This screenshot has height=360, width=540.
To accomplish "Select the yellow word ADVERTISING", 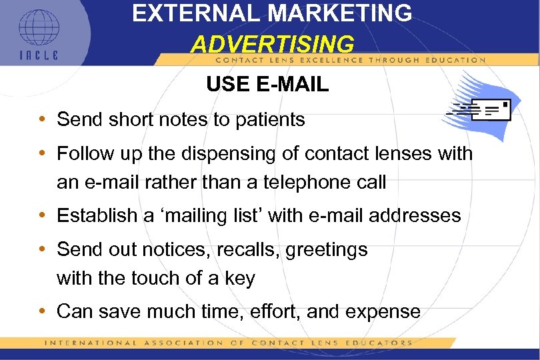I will click(x=272, y=44).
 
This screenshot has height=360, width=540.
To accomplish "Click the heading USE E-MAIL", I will click(x=267, y=85).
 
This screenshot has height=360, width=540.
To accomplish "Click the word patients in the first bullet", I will click(x=269, y=120).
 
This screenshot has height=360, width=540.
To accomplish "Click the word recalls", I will click(x=220, y=249).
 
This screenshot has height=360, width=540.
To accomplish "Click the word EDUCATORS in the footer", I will click(x=382, y=343).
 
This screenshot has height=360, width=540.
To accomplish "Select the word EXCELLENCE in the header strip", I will click(x=289, y=59).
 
